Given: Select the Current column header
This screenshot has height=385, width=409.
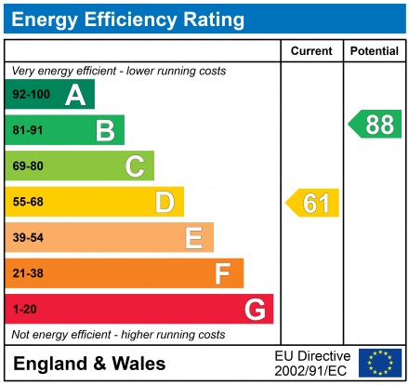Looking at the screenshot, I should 311,51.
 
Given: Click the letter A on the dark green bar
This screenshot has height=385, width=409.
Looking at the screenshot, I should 75,95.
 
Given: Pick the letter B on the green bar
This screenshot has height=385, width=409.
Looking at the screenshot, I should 105,131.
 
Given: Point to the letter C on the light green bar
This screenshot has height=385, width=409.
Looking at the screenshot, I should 135,166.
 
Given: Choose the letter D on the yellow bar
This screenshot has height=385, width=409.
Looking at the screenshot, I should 165,202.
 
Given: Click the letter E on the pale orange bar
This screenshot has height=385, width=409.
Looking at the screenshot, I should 193,238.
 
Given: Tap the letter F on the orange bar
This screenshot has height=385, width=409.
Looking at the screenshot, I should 223,273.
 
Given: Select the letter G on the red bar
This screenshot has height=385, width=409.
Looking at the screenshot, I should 254,309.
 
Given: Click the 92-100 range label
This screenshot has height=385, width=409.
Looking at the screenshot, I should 31,95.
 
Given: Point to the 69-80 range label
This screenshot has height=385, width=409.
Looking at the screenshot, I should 28,166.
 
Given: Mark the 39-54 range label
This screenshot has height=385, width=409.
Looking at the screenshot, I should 28,238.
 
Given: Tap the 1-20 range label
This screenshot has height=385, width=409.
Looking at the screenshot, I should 24,309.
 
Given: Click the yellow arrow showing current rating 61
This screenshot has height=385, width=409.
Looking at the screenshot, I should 313,203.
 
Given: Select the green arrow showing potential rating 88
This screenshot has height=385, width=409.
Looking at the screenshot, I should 375,125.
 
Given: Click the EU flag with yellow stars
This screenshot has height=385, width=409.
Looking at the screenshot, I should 380,363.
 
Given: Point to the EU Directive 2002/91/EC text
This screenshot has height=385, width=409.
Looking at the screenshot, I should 312,363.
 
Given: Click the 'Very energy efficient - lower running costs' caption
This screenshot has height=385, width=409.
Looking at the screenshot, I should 118,71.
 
